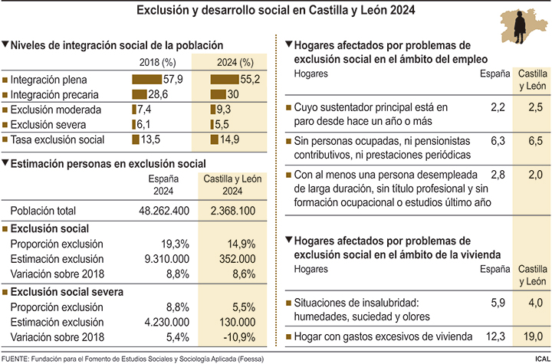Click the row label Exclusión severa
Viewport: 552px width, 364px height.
click(x=48, y=124)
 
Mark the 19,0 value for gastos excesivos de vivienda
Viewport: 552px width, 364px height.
click(x=528, y=336)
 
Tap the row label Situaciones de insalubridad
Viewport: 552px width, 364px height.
click(x=355, y=303)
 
